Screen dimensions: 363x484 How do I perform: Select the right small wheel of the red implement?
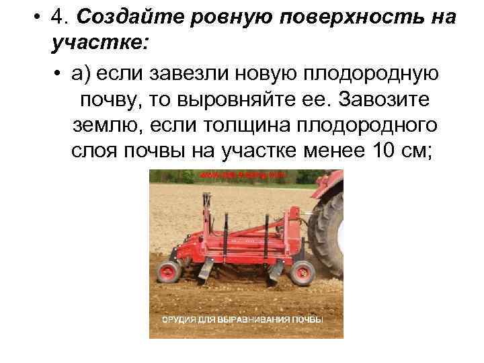[303, 273]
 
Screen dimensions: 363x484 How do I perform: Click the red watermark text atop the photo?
[243, 175]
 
